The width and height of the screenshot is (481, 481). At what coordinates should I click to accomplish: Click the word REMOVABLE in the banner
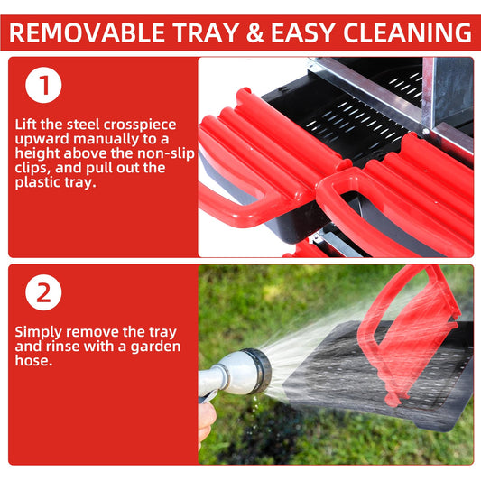point(88,32)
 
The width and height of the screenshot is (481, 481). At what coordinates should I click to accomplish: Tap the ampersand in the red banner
point(254,32)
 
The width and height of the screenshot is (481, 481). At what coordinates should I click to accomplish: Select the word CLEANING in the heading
point(407,32)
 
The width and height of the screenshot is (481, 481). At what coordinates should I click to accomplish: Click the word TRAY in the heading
point(206,32)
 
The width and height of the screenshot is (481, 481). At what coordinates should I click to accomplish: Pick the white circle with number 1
point(43,85)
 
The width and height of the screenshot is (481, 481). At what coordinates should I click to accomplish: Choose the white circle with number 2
point(43,292)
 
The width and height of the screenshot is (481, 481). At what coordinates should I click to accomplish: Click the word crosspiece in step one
point(140,125)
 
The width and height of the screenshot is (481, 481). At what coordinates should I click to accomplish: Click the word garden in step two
point(156,347)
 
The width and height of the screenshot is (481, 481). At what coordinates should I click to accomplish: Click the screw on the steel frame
point(425,132)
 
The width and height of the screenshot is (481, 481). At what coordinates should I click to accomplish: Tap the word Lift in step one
point(26,125)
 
